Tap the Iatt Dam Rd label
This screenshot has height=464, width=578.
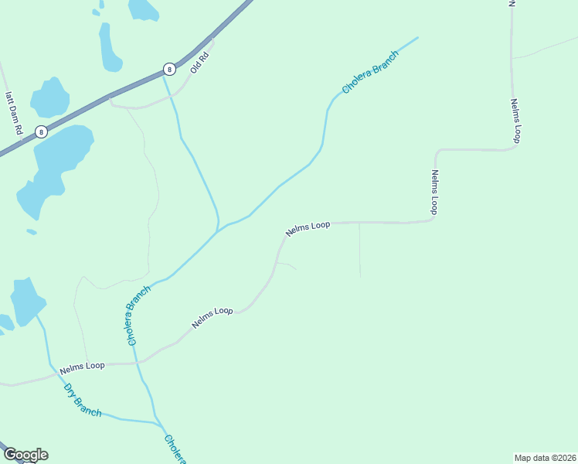(x=13, y=111)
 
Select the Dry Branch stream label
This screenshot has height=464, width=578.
(x=83, y=400)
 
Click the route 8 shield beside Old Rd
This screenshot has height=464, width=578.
(x=169, y=69)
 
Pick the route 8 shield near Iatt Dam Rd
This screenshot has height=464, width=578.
(x=41, y=131)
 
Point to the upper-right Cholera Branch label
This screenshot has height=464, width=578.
(x=370, y=73)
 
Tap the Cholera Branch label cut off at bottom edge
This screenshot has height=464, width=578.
(x=175, y=449)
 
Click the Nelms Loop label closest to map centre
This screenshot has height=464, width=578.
(x=308, y=228)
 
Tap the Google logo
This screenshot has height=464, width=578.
(x=25, y=455)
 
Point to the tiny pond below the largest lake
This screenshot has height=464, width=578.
(x=32, y=231)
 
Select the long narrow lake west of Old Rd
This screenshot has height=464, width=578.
(x=109, y=48)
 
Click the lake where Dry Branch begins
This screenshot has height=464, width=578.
(x=27, y=300)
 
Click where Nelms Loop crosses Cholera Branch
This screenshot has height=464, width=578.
(x=137, y=361)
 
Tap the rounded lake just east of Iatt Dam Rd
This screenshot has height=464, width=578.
(x=49, y=98)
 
